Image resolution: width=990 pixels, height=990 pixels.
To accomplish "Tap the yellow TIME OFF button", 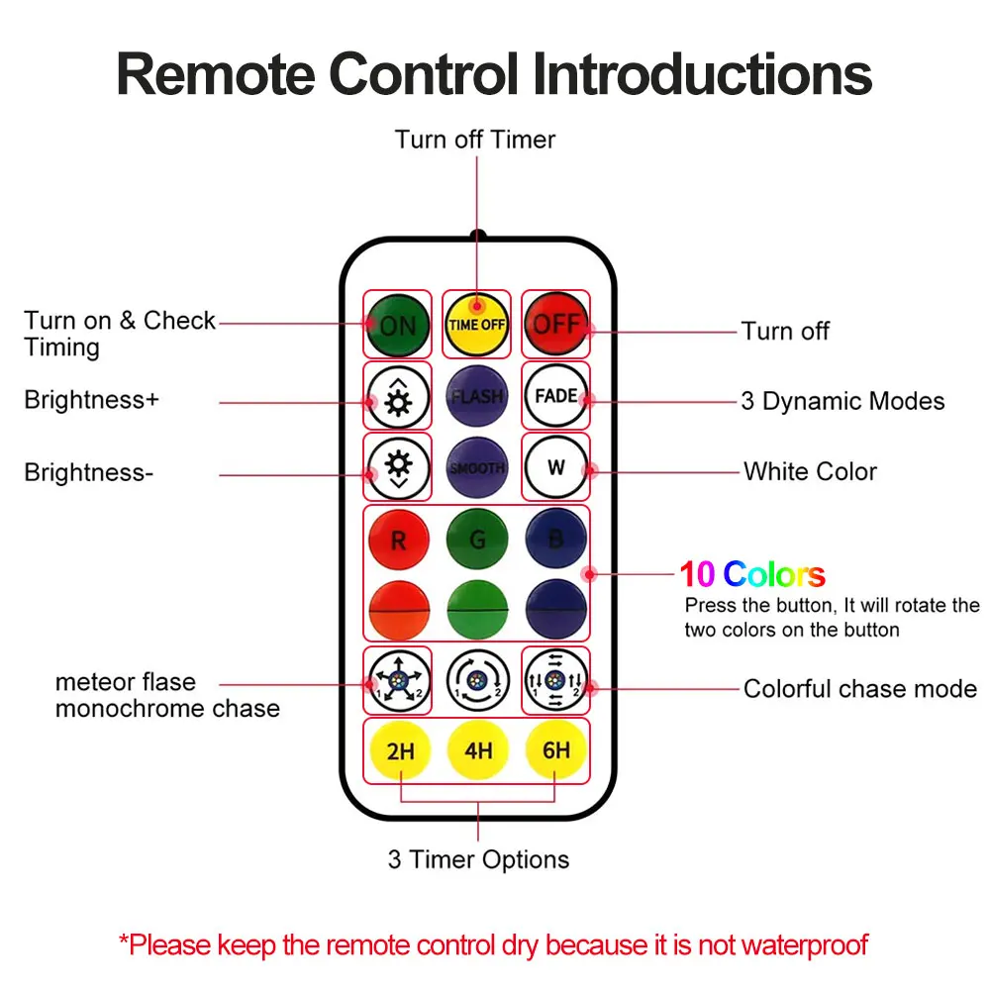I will pyautogui.click(x=476, y=325).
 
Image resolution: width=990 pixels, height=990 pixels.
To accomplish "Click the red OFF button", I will pyautogui.click(x=555, y=325).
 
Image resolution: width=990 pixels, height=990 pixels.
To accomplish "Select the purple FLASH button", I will pyautogui.click(x=476, y=396).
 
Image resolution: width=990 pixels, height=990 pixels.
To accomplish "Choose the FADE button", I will pyautogui.click(x=555, y=396).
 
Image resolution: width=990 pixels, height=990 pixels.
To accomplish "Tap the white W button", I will pyautogui.click(x=555, y=467).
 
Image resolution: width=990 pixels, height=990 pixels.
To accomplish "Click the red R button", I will pyautogui.click(x=398, y=541).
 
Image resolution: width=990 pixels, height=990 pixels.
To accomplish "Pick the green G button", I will pyautogui.click(x=476, y=541).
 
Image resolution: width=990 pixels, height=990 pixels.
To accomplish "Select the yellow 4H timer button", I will pyautogui.click(x=477, y=750).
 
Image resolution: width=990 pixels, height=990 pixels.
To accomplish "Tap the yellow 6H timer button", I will pyautogui.click(x=555, y=750).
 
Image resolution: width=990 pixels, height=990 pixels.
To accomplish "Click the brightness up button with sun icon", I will pyautogui.click(x=398, y=396).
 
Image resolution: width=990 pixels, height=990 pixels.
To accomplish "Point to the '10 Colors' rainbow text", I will pyautogui.click(x=752, y=574).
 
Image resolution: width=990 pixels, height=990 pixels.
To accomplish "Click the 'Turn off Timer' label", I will pyautogui.click(x=475, y=140).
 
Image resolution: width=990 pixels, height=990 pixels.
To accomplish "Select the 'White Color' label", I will pyautogui.click(x=810, y=471).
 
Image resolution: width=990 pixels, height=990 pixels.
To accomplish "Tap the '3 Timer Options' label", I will pyautogui.click(x=478, y=859).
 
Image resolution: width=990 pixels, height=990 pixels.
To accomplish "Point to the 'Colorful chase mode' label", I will pyautogui.click(x=859, y=689).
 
